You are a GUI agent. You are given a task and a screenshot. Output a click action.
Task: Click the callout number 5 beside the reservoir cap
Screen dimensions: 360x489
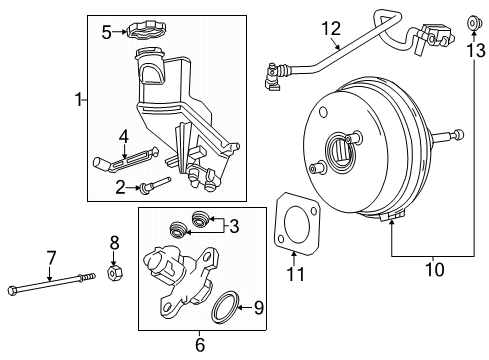(x=107, y=31)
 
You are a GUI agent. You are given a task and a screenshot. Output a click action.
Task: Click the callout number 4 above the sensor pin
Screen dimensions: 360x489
(x=122, y=136)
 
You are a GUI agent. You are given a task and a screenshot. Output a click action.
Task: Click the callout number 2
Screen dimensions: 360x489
(x=120, y=185)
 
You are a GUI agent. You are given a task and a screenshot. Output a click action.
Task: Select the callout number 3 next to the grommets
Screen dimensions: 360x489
(x=233, y=227)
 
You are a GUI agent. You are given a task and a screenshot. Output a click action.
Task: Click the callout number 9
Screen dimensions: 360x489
(x=259, y=308)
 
